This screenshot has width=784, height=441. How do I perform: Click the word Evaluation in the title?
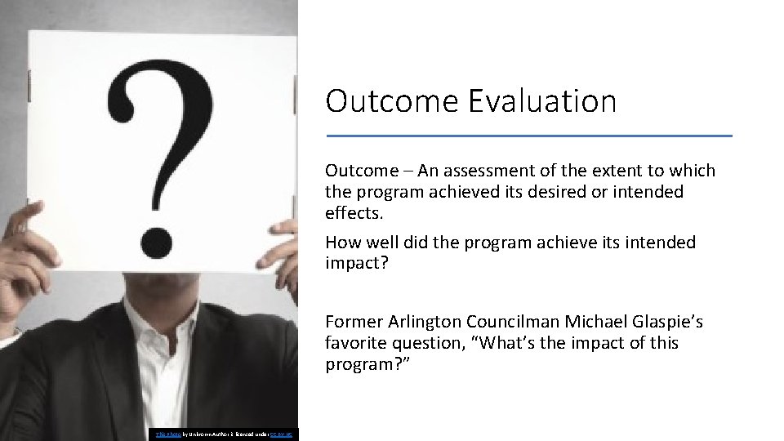(x=543, y=101)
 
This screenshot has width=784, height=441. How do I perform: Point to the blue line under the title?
(x=528, y=136)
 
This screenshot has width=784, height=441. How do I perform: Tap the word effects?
(x=353, y=213)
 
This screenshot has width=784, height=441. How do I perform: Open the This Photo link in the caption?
(x=160, y=434)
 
